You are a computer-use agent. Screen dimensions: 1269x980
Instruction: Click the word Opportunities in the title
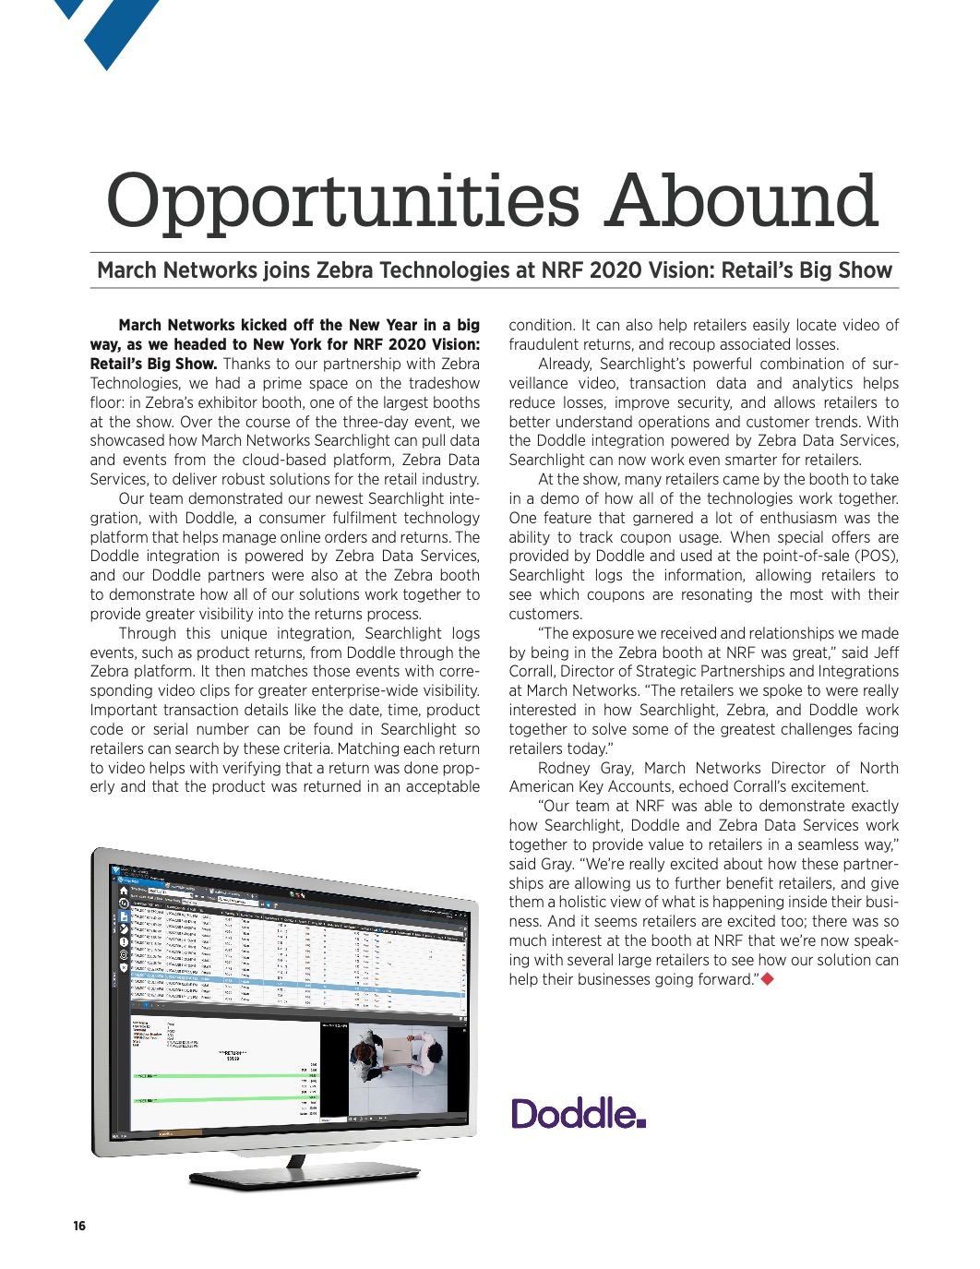pos(341,203)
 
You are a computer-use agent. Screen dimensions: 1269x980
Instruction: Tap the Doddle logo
pos(578,1114)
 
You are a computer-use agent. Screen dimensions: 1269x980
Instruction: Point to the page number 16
pos(79,1226)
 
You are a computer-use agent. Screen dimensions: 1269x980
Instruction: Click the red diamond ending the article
pos(767,978)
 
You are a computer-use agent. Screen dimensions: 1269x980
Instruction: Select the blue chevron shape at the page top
pos(111,28)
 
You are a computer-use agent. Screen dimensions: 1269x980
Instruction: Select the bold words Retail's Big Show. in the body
pos(153,364)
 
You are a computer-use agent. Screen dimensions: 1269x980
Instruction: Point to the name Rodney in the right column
pos(564,768)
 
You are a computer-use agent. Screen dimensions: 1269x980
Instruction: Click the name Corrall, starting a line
pos(536,672)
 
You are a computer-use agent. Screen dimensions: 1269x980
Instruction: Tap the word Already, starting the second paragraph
pos(567,364)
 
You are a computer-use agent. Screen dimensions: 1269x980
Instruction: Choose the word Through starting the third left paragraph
pos(148,633)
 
